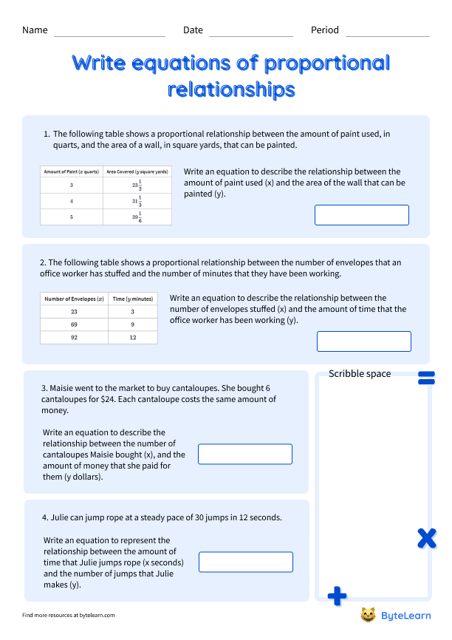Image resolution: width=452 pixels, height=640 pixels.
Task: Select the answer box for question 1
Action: [361, 215]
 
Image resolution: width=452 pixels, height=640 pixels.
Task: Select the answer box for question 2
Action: [363, 341]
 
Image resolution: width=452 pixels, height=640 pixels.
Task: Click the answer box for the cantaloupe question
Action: [245, 454]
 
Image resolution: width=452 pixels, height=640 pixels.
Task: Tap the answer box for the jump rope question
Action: [246, 562]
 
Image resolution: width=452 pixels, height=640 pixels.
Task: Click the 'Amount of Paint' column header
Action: [72, 171]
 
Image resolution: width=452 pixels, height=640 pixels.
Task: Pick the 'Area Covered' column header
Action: [137, 171]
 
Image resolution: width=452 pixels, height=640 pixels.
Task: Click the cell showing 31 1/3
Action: [137, 201]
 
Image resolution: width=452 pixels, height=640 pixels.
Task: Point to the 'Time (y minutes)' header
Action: [133, 299]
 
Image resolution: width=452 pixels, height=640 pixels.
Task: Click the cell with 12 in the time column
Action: [133, 337]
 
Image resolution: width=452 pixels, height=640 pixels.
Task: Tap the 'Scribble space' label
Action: [360, 374]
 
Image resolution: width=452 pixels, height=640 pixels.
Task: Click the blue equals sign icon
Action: [426, 378]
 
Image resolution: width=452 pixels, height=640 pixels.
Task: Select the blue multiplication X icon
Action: [426, 538]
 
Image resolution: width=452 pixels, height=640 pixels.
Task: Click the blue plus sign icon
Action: [337, 595]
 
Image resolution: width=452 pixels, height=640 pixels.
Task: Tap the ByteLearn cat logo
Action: [368, 615]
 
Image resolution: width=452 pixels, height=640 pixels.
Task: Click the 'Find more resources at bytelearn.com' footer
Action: [69, 615]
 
